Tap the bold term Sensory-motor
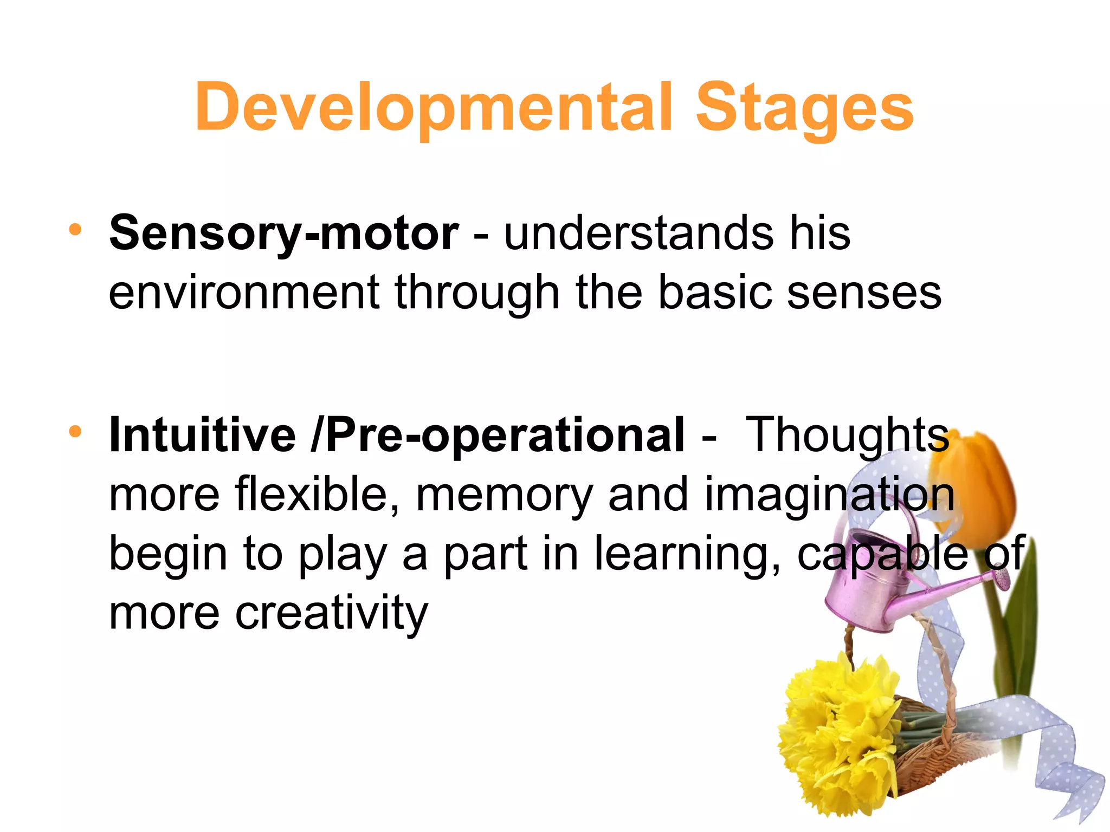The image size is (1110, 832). tap(284, 233)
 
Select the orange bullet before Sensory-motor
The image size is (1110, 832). tap(75, 230)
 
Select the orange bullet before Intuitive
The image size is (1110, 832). tap(75, 432)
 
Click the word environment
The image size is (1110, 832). tap(244, 292)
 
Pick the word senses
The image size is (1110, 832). tap(864, 292)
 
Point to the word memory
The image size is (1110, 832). tap(504, 496)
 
